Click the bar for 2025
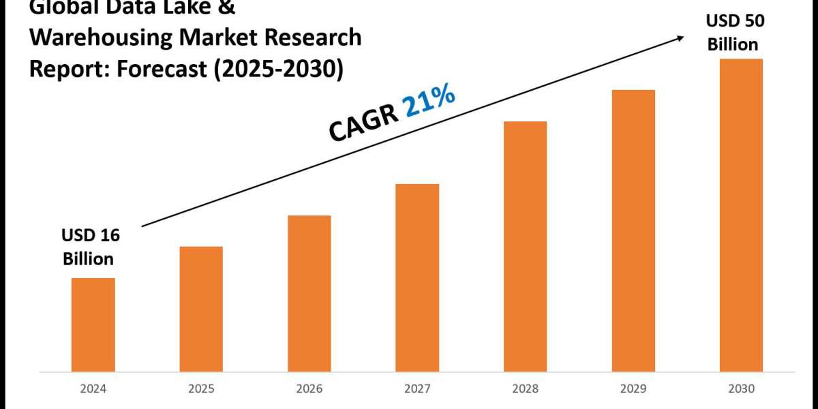click(201, 309)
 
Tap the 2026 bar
click(309, 294)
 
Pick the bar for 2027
click(417, 278)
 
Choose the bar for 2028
click(525, 247)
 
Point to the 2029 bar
click(633, 231)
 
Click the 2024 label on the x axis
click(93, 389)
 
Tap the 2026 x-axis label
click(309, 389)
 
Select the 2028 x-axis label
click(525, 389)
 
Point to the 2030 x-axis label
click(741, 389)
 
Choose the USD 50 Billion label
click(734, 33)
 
